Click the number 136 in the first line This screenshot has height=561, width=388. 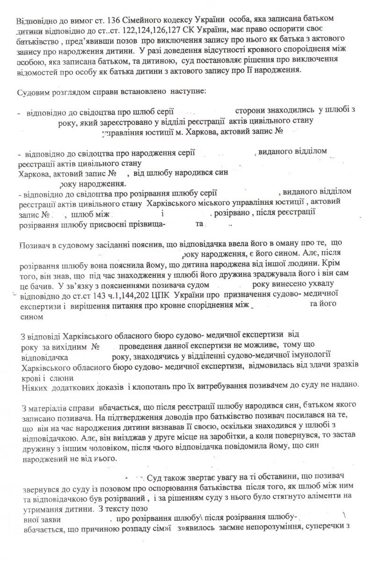tap(110, 22)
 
